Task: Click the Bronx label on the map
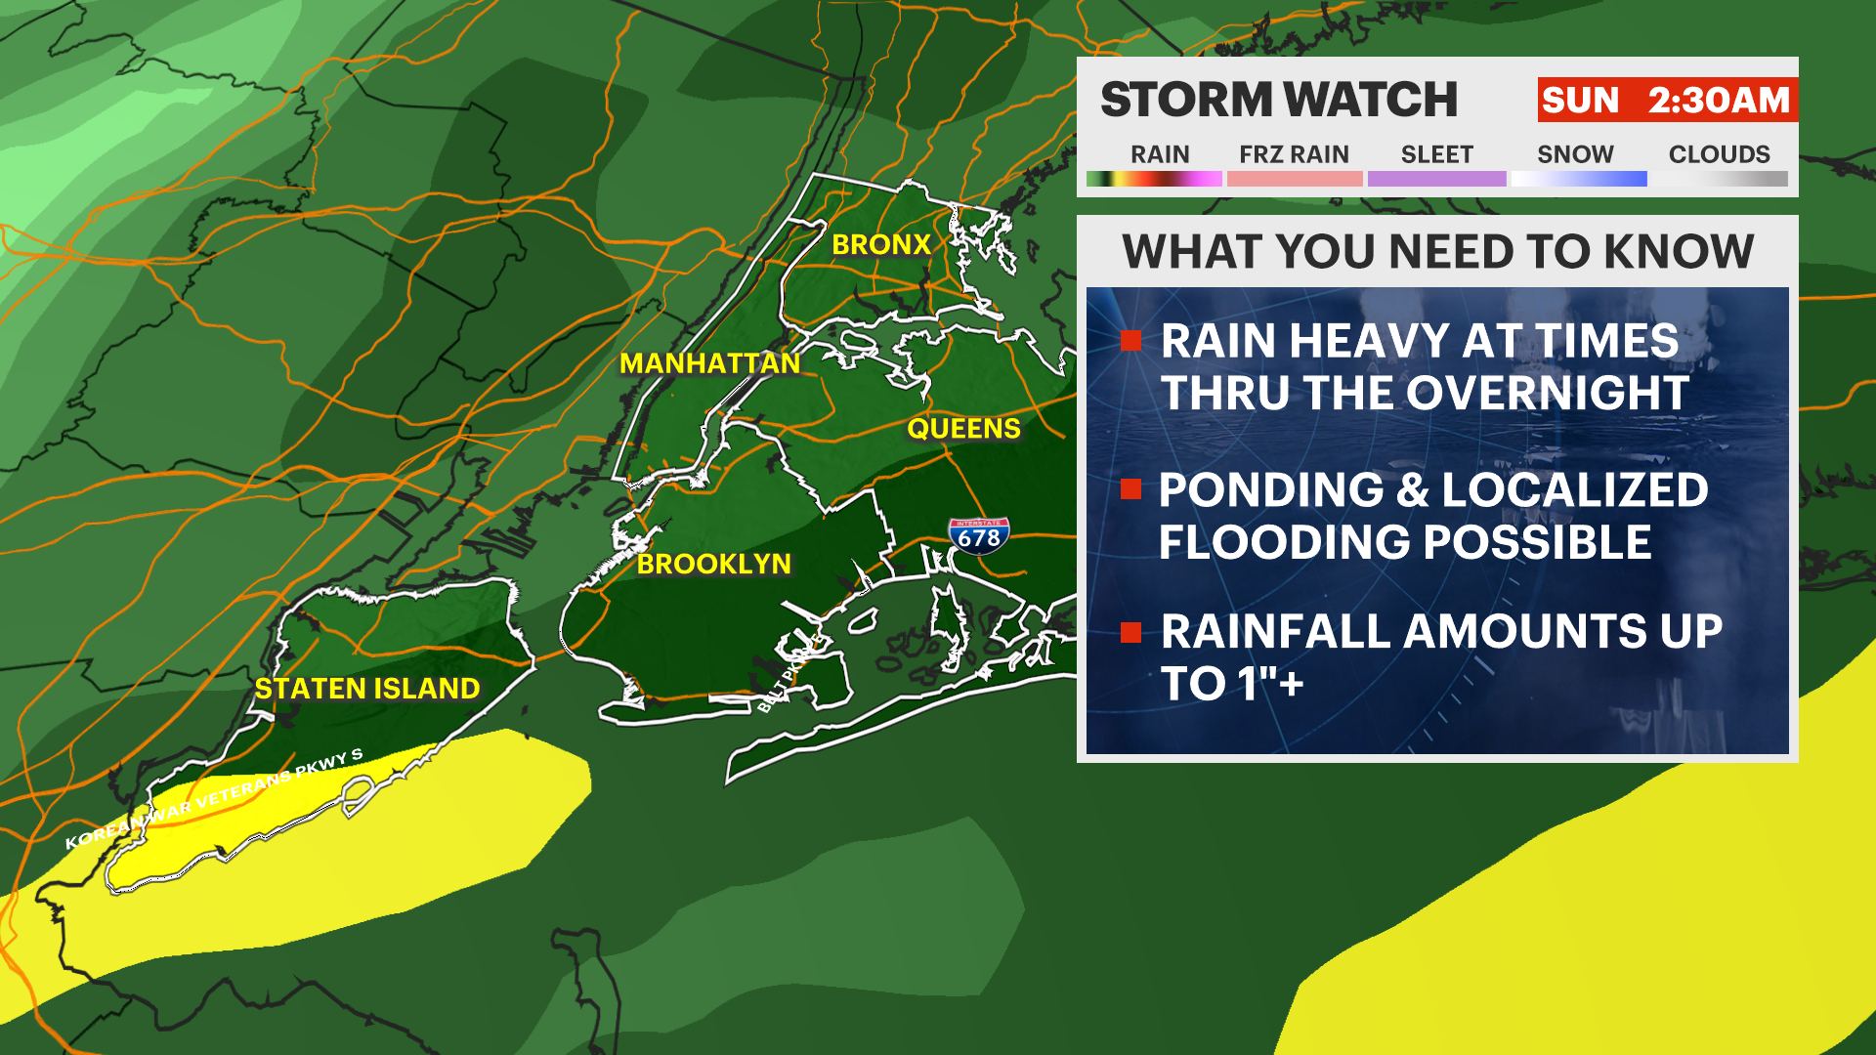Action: (x=880, y=244)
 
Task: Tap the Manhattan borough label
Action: (x=710, y=363)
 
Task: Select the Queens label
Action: (x=963, y=429)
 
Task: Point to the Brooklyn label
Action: (x=714, y=564)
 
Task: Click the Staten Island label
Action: (x=367, y=689)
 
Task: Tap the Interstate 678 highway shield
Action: (x=978, y=536)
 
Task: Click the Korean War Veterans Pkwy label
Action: (x=214, y=798)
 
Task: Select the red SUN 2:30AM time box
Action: (x=1666, y=100)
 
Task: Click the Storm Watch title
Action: (x=1279, y=100)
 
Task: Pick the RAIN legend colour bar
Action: (x=1154, y=179)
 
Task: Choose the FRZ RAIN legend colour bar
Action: (x=1294, y=179)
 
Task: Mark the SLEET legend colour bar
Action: (x=1436, y=179)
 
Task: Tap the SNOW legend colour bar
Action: (x=1578, y=179)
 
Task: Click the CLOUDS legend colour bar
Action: (x=1720, y=179)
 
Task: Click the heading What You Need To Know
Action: (x=1437, y=252)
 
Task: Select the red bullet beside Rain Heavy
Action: (x=1131, y=341)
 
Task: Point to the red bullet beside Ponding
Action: (x=1131, y=489)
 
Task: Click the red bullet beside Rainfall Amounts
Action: (x=1131, y=632)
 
